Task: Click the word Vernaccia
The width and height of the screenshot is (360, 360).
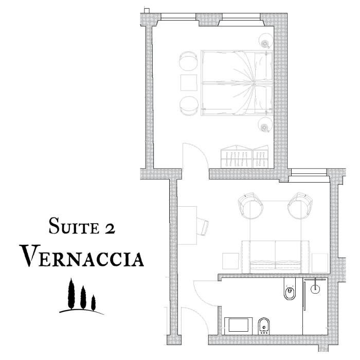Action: [x=82, y=256]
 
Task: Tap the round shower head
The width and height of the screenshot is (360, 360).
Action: [x=314, y=289]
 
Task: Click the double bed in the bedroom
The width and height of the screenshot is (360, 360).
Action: [x=236, y=83]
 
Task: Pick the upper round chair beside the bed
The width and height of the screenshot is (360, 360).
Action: [x=188, y=63]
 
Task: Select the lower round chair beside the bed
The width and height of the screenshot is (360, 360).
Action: [x=188, y=104]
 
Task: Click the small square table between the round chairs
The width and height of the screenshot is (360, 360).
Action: [x=188, y=83]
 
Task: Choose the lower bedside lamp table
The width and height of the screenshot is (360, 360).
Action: [x=265, y=123]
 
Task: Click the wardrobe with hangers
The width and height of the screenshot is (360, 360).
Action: [x=244, y=156]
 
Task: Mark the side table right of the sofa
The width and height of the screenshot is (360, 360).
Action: [x=320, y=262]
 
